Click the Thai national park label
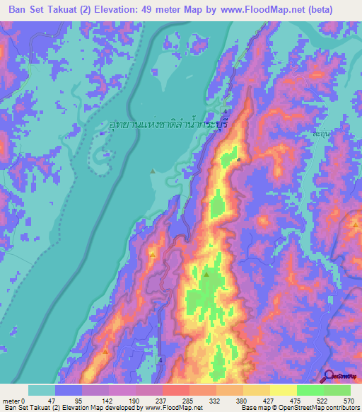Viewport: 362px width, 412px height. pos(167,124)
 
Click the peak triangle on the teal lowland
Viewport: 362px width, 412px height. pos(153,171)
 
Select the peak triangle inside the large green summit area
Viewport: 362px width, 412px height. pos(206,273)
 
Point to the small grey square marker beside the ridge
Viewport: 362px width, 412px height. pos(239,159)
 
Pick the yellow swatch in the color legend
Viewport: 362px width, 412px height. pos(283,390)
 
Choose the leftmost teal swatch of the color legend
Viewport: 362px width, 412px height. pos(41,390)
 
